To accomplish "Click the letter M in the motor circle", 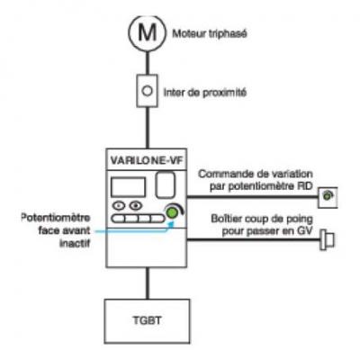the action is (148, 32).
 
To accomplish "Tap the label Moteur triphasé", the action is (210, 33).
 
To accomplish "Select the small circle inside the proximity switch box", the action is (147, 91).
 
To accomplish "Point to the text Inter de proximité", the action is (205, 93).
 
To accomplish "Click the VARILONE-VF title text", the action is (147, 160).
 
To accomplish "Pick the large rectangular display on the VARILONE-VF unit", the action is (128, 187).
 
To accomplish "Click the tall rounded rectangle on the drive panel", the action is (166, 184).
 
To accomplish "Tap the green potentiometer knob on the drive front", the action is (172, 212).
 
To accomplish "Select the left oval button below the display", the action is (119, 206).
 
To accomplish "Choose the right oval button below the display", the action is (136, 206).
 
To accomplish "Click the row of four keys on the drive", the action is (138, 219).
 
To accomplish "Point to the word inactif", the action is (75, 243).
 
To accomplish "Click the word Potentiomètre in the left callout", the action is (56, 218).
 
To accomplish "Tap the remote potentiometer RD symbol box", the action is (328, 197).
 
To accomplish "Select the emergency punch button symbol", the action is (327, 239).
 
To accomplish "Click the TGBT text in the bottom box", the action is (147, 320).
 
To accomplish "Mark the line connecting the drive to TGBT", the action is (147, 283).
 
